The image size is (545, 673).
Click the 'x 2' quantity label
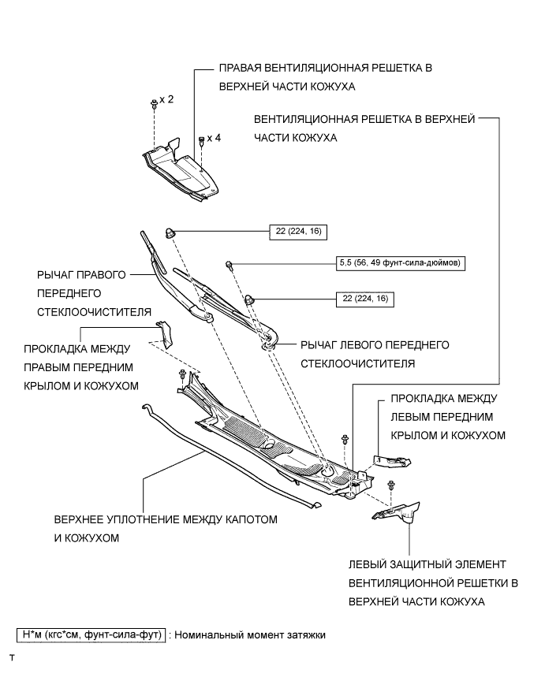coord(166,100)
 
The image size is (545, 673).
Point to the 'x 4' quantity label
coord(214,137)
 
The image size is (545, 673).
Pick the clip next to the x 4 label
coord(202,140)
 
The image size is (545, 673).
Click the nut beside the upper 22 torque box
coord(170,232)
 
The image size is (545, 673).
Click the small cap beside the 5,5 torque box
coord(229,264)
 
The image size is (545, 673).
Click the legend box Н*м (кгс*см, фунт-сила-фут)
coord(91,634)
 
